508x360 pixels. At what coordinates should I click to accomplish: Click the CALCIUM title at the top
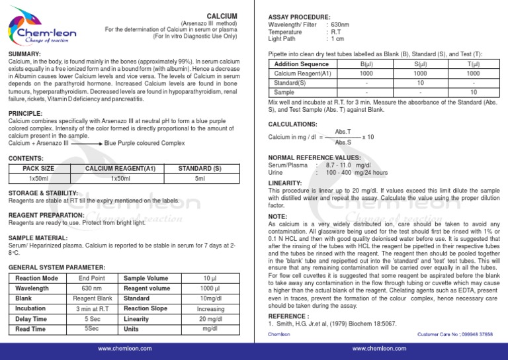[x=222, y=15]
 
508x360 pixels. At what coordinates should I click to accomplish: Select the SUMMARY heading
[x=24, y=53]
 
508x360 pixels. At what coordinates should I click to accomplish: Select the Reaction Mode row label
[x=36, y=278]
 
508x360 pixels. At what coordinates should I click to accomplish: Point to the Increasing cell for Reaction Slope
[x=210, y=308]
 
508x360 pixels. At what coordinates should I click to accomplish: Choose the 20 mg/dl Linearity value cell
[x=210, y=319]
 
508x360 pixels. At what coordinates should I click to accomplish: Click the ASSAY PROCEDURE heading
[x=299, y=17]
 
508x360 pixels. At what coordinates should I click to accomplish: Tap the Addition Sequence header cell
[x=301, y=64]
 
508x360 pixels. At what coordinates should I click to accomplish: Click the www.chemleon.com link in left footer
[x=123, y=348]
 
